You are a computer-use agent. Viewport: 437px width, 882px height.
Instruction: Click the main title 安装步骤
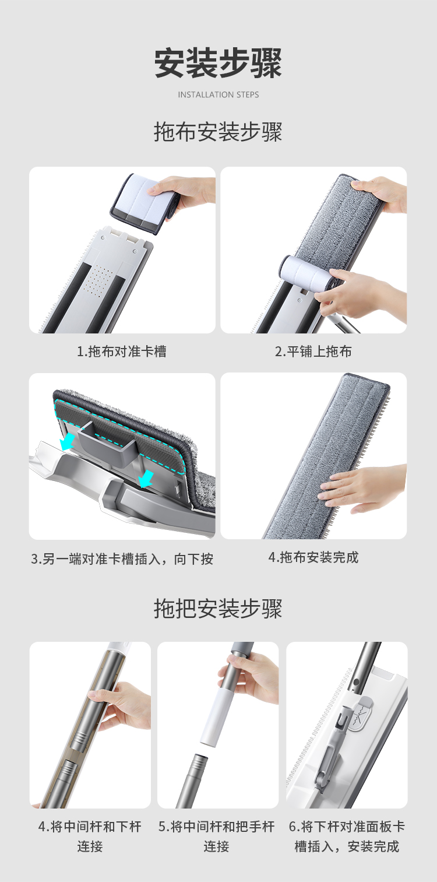coord(218,63)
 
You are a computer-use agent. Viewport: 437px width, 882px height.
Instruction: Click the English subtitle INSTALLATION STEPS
coord(218,94)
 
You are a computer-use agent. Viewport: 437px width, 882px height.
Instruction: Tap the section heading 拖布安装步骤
coord(218,132)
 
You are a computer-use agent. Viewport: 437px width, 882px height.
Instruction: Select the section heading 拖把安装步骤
coord(218,609)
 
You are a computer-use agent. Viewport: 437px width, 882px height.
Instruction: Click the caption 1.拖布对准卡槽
coord(122,351)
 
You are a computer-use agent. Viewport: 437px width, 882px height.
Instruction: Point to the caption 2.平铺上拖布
coord(313,351)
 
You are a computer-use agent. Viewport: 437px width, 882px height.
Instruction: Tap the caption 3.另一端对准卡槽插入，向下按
coord(122,558)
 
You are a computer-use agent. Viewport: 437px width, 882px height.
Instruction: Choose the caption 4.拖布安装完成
coord(313,557)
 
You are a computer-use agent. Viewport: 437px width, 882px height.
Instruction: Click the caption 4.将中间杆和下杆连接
coord(90,836)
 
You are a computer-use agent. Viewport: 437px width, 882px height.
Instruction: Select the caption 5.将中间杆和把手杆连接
coord(217,836)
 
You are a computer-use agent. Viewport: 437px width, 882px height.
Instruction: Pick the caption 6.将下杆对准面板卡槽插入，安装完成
coord(347,836)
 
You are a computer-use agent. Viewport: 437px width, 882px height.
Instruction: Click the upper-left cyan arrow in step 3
coord(68,441)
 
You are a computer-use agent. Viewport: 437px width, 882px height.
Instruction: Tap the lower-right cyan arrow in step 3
coord(146,478)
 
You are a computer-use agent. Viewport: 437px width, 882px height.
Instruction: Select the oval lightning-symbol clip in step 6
coord(360,714)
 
